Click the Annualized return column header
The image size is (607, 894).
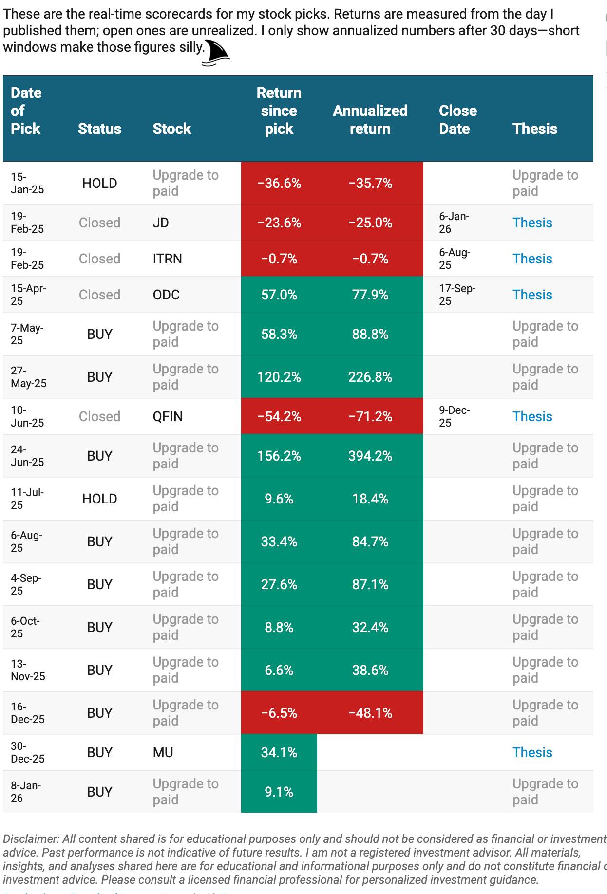coord(370,120)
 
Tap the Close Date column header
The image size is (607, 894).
coord(457,120)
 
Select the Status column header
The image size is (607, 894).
coord(99,129)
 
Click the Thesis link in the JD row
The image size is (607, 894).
coord(532,223)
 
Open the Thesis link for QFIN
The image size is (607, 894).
coord(532,416)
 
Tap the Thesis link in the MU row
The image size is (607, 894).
coord(532,752)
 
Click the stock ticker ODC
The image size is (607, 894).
coord(166,295)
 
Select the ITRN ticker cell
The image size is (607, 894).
coord(167,259)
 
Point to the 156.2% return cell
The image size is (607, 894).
coord(279,456)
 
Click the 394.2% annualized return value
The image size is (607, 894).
coord(370,456)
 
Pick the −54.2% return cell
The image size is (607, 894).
coord(279,416)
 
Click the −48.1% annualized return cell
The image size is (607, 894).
coord(370,713)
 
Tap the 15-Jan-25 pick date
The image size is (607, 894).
coord(27,183)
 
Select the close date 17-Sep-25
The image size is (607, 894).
coord(457,295)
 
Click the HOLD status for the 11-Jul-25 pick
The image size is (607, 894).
coord(99,499)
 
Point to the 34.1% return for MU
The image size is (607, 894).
coord(279,752)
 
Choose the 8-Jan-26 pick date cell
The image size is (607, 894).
coord(26,792)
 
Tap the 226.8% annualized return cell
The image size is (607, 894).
coord(370,377)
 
